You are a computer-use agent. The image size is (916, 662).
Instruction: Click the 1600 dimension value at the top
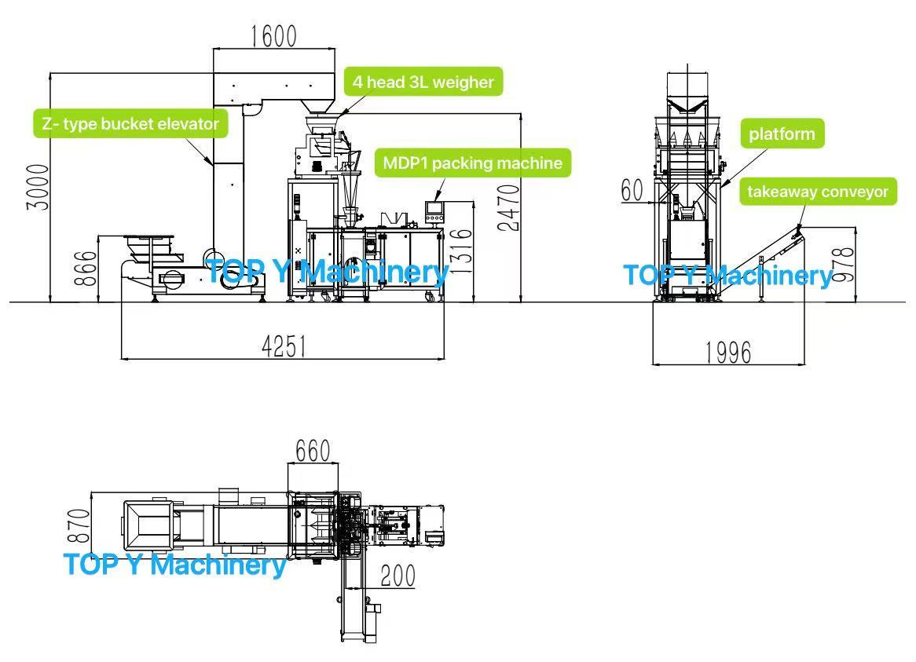click(273, 36)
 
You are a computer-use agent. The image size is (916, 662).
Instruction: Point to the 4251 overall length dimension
click(284, 346)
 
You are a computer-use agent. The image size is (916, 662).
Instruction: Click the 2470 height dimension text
click(510, 207)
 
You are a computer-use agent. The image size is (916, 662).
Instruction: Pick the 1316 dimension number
click(463, 250)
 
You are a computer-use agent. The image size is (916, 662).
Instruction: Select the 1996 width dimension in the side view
click(727, 353)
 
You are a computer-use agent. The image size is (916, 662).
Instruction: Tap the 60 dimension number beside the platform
click(632, 191)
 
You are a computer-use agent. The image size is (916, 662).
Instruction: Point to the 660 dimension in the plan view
click(313, 451)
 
